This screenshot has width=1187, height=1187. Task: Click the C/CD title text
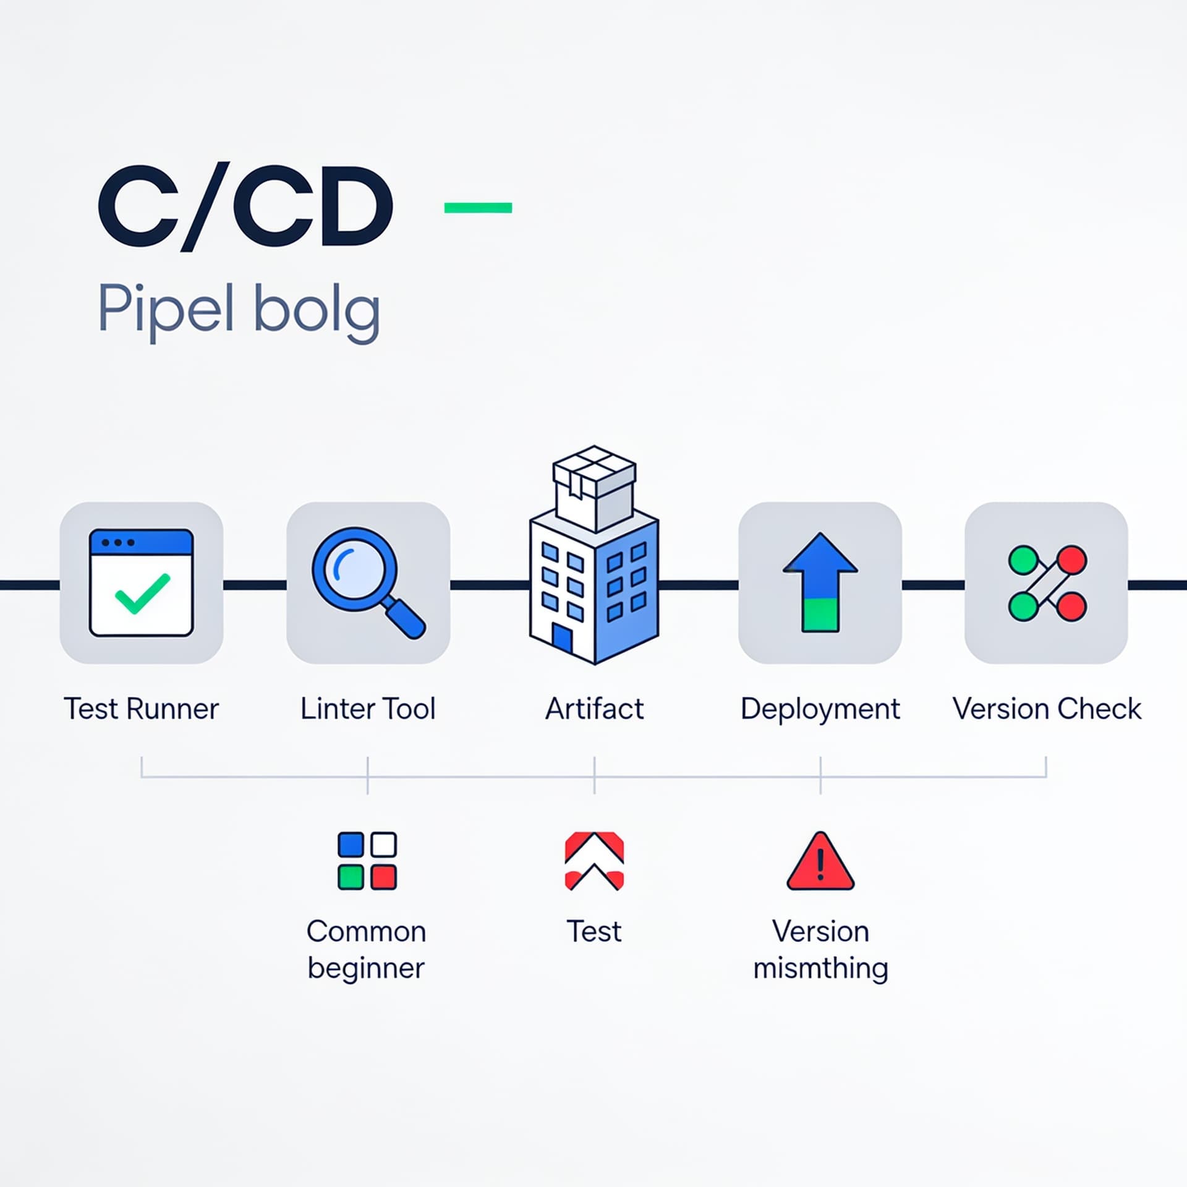(x=245, y=206)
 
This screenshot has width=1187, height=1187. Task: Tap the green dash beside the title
(x=478, y=208)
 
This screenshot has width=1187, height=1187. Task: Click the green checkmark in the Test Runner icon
(x=143, y=593)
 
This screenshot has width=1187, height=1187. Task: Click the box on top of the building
(x=594, y=488)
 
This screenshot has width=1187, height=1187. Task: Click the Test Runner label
(x=142, y=708)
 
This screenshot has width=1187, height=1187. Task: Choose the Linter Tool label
(x=368, y=708)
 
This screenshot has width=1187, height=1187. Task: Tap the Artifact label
(x=594, y=708)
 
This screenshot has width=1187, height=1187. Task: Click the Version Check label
(x=1047, y=708)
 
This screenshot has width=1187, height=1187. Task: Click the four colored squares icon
(x=367, y=861)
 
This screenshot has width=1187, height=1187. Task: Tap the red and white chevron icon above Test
(x=594, y=861)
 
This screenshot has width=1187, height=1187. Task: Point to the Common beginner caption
(x=367, y=950)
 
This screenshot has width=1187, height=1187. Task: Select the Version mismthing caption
(x=820, y=950)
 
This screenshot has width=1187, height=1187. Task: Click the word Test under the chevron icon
(x=594, y=931)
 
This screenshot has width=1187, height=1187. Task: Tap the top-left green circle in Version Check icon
(x=1024, y=560)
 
